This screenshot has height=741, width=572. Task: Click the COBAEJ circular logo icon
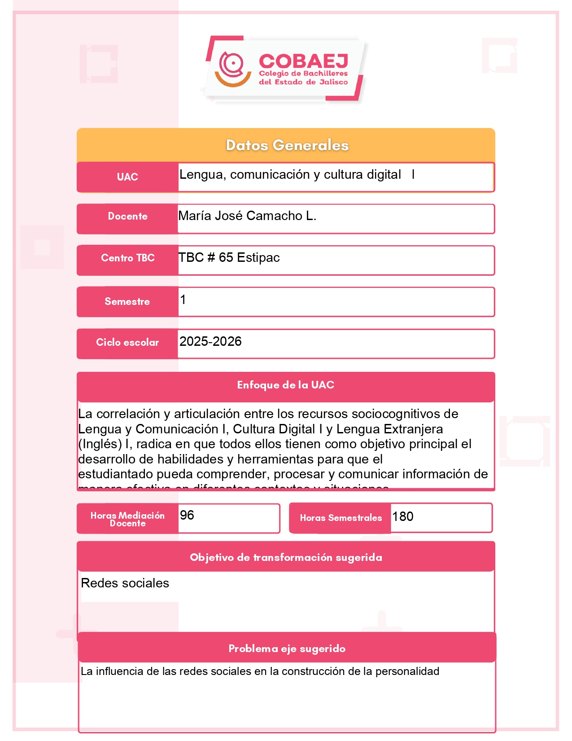pyautogui.click(x=232, y=68)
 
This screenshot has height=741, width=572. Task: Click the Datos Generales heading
pyautogui.click(x=287, y=145)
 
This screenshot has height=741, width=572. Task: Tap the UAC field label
pyautogui.click(x=127, y=177)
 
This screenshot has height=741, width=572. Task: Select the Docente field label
pyautogui.click(x=127, y=216)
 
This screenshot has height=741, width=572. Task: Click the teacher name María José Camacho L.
pyautogui.click(x=247, y=216)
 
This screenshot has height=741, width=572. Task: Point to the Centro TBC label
pyautogui.click(x=127, y=258)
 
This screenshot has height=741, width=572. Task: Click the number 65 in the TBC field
pyautogui.click(x=226, y=257)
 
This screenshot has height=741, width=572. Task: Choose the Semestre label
pyautogui.click(x=127, y=301)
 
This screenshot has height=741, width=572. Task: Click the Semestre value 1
pyautogui.click(x=183, y=300)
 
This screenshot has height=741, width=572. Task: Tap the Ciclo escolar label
pyautogui.click(x=127, y=342)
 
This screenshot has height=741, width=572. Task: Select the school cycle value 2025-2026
pyautogui.click(x=210, y=341)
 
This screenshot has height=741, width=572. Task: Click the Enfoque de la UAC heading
pyautogui.click(x=286, y=385)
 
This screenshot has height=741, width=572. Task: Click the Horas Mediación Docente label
pyautogui.click(x=127, y=519)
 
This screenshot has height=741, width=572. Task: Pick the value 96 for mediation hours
pyautogui.click(x=187, y=515)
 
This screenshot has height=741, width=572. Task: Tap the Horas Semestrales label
pyautogui.click(x=341, y=518)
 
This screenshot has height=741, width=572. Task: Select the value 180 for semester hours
pyautogui.click(x=403, y=516)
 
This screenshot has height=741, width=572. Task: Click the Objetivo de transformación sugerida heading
pyautogui.click(x=286, y=557)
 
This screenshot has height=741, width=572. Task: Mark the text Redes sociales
pyautogui.click(x=125, y=583)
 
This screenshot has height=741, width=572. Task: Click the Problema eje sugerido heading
pyautogui.click(x=287, y=648)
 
